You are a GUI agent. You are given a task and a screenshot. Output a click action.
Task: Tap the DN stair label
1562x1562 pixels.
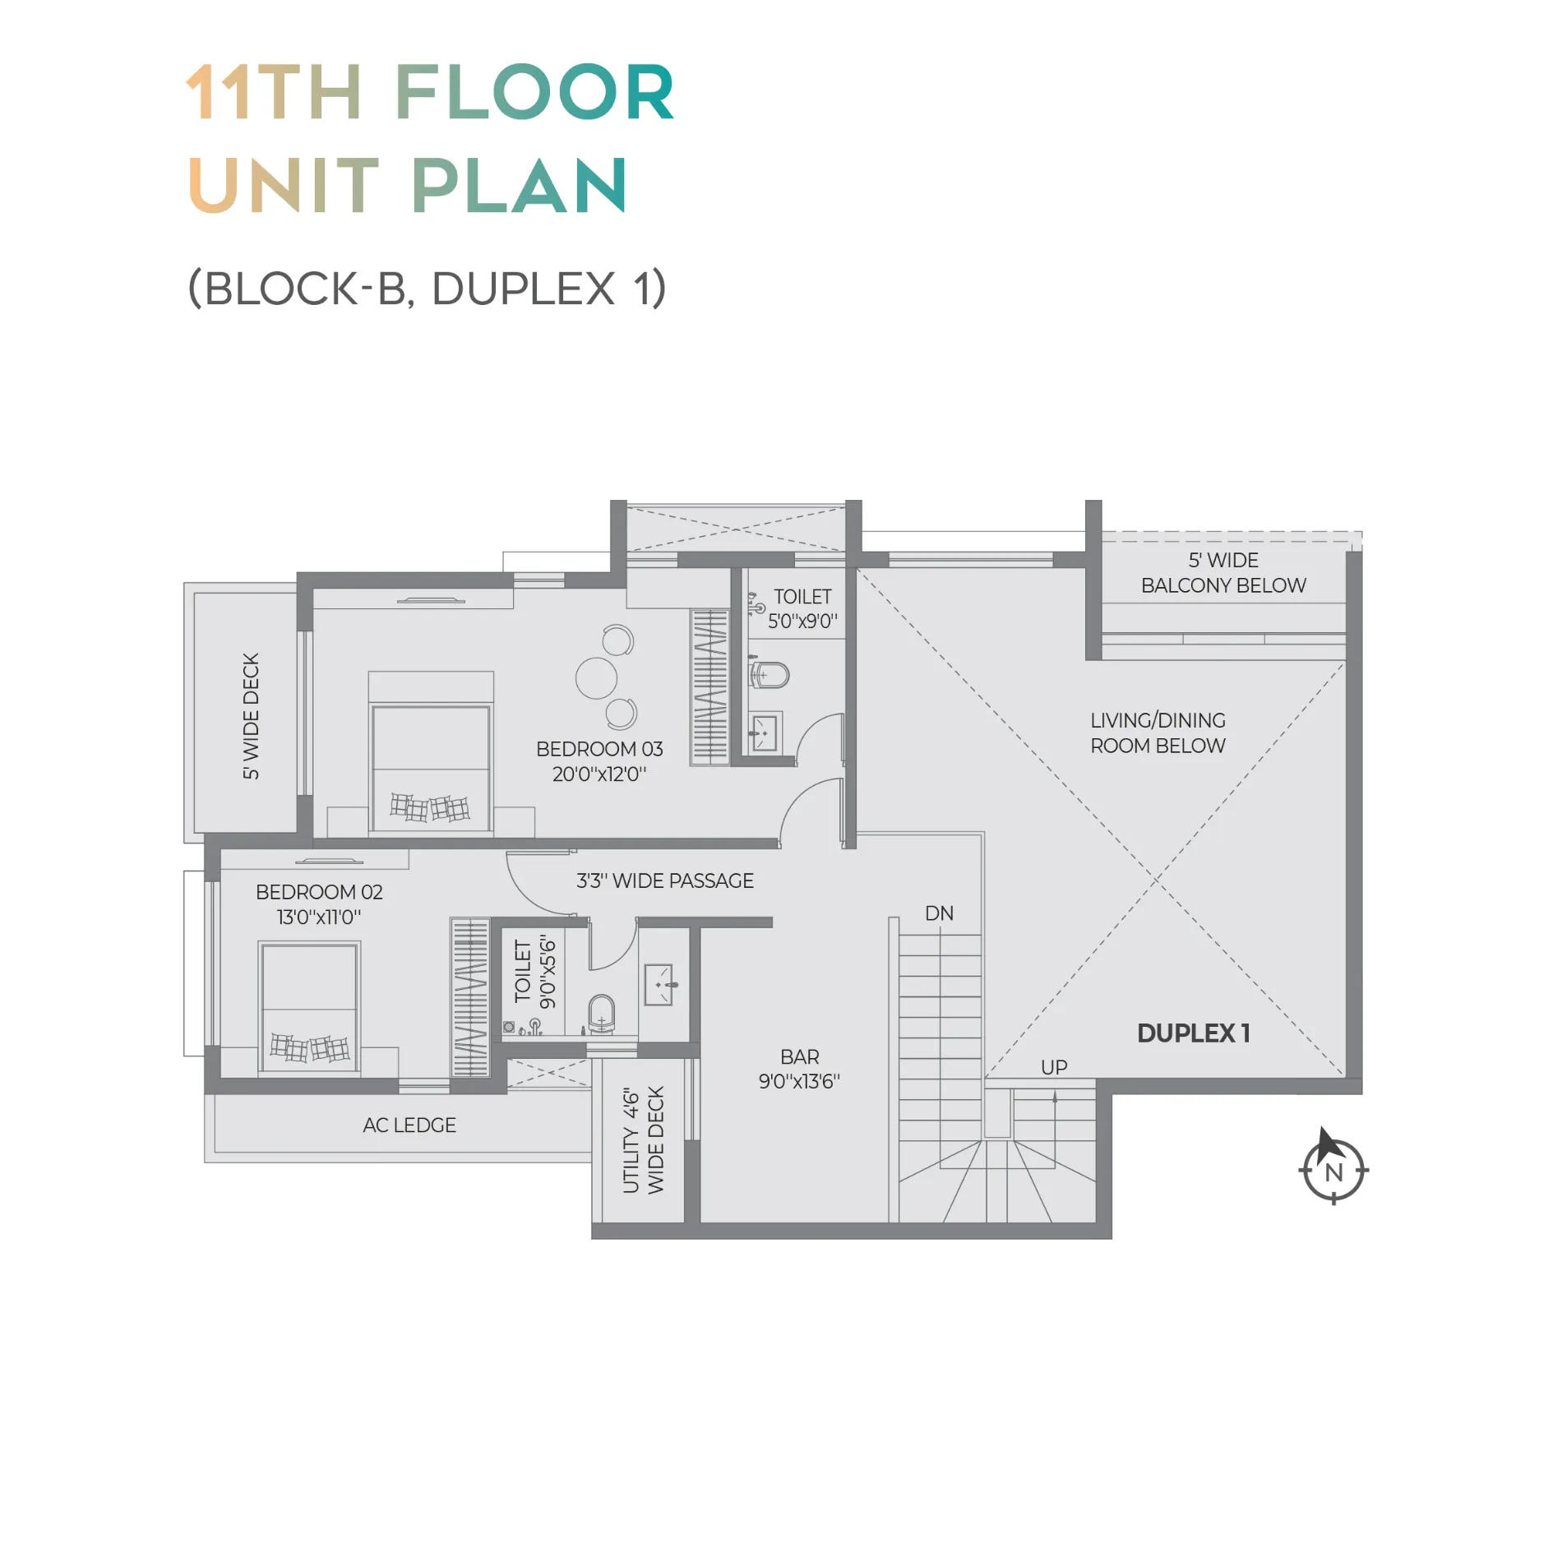(939, 913)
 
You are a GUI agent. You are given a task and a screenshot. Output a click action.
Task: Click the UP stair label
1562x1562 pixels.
(1054, 1067)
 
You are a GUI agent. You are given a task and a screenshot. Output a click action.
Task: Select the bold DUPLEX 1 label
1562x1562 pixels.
(1194, 1033)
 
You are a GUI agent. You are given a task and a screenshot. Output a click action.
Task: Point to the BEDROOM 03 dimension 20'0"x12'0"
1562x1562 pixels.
(599, 774)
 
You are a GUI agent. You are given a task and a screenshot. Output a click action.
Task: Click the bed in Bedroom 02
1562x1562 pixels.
(309, 1008)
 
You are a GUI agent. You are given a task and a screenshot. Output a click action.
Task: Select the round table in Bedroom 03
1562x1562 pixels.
(596, 678)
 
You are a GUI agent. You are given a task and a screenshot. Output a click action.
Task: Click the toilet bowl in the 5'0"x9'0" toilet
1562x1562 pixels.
(769, 676)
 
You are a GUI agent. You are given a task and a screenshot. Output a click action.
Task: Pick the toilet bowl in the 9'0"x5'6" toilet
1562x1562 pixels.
(602, 1014)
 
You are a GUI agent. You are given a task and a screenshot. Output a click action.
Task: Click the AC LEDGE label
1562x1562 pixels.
(409, 1125)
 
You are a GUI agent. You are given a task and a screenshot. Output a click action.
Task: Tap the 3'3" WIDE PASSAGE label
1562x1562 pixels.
(665, 881)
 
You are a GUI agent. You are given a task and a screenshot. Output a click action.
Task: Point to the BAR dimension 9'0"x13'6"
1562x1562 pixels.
(799, 1082)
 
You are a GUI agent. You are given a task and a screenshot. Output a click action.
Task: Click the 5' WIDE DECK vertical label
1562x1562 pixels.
(251, 716)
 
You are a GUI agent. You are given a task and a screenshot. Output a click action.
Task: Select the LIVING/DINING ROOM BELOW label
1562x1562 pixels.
(1158, 733)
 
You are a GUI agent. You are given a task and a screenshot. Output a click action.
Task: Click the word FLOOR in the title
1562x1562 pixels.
(534, 92)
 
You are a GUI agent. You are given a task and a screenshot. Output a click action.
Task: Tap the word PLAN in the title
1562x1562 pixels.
(519, 186)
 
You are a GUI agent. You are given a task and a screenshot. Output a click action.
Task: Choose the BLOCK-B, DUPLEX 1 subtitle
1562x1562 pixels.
(427, 289)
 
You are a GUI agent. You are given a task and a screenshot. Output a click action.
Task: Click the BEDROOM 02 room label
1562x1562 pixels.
(319, 892)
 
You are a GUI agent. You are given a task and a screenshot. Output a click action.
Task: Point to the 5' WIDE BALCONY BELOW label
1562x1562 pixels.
(1223, 573)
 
